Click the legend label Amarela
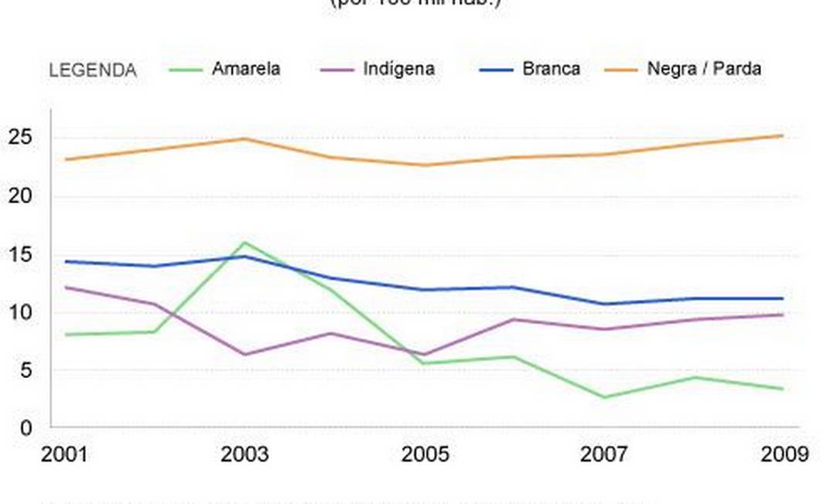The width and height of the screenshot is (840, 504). (x=246, y=69)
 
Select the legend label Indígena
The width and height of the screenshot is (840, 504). (x=398, y=69)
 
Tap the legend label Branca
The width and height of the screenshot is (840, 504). (x=551, y=69)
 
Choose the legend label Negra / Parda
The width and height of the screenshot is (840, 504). (x=704, y=69)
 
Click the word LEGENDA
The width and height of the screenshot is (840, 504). (x=93, y=70)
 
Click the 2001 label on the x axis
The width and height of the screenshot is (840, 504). (x=64, y=454)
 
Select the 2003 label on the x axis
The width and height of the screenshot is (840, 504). (x=244, y=454)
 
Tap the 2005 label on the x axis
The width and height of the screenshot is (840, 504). (x=425, y=454)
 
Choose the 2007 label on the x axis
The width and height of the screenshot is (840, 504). (x=604, y=454)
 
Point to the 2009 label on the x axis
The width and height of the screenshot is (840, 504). (x=784, y=454)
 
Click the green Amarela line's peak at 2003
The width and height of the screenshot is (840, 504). (x=245, y=243)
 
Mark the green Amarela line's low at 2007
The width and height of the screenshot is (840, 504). (x=604, y=397)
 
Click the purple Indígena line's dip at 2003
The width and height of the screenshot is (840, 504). (x=245, y=354)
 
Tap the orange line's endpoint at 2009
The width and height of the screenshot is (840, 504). (x=783, y=135)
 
